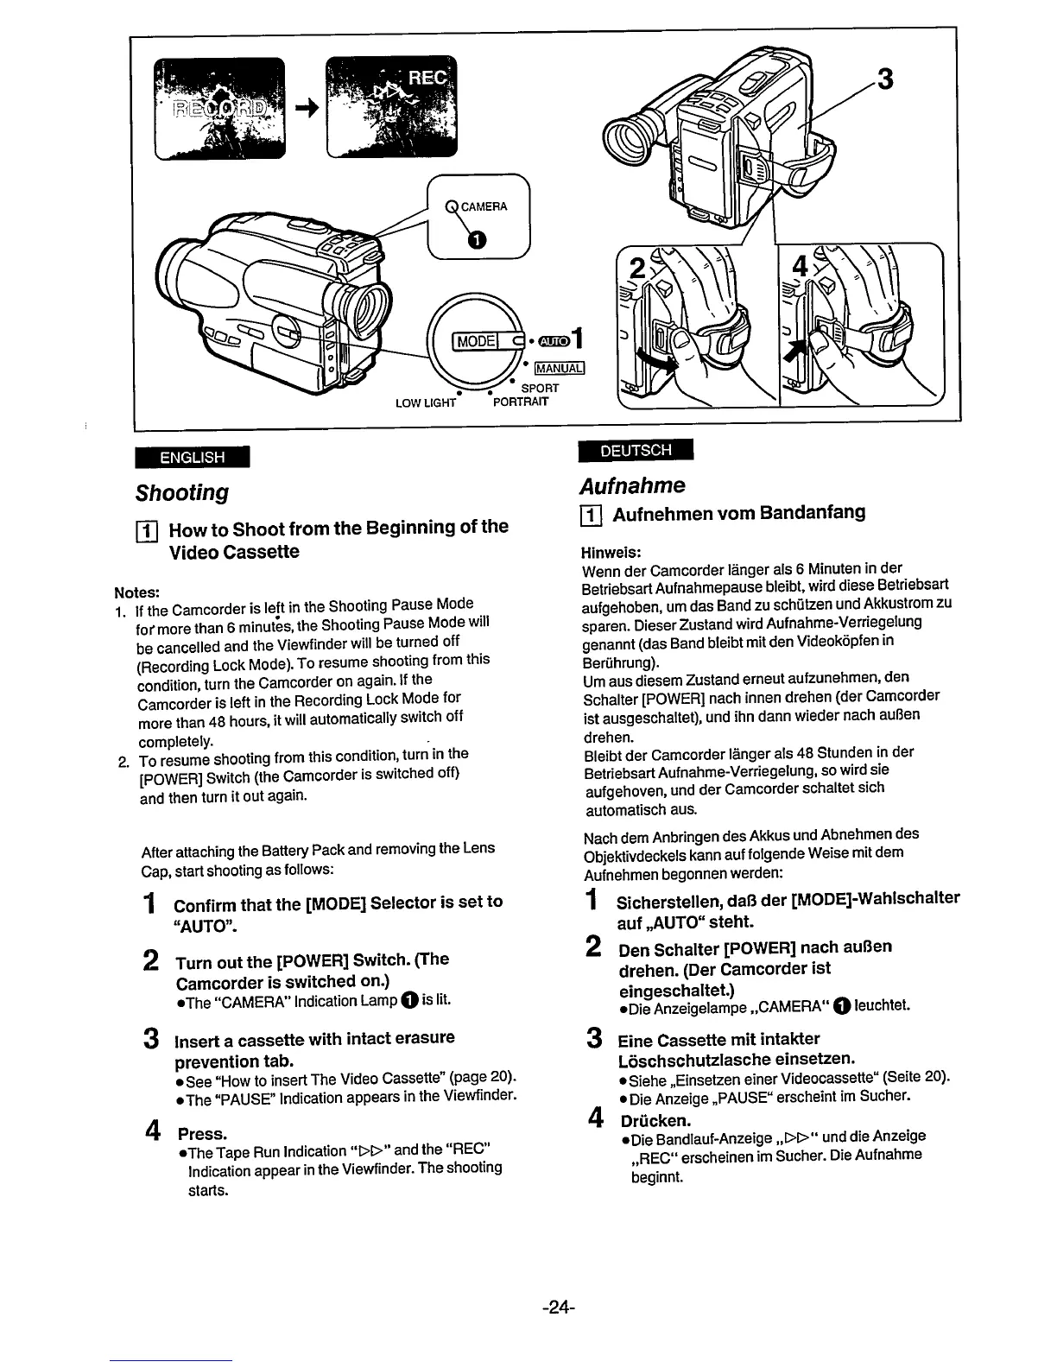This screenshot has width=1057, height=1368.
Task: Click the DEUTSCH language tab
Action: (635, 450)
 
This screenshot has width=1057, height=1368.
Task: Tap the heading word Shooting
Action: (181, 492)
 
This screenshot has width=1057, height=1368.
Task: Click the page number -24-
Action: (559, 1307)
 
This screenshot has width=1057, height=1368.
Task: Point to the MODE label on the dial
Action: (475, 340)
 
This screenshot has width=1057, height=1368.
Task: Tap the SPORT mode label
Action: (540, 389)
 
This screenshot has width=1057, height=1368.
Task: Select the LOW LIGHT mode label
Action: (425, 402)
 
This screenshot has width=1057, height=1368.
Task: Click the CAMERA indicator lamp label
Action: (484, 206)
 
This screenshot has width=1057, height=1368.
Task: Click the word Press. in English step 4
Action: (202, 1133)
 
